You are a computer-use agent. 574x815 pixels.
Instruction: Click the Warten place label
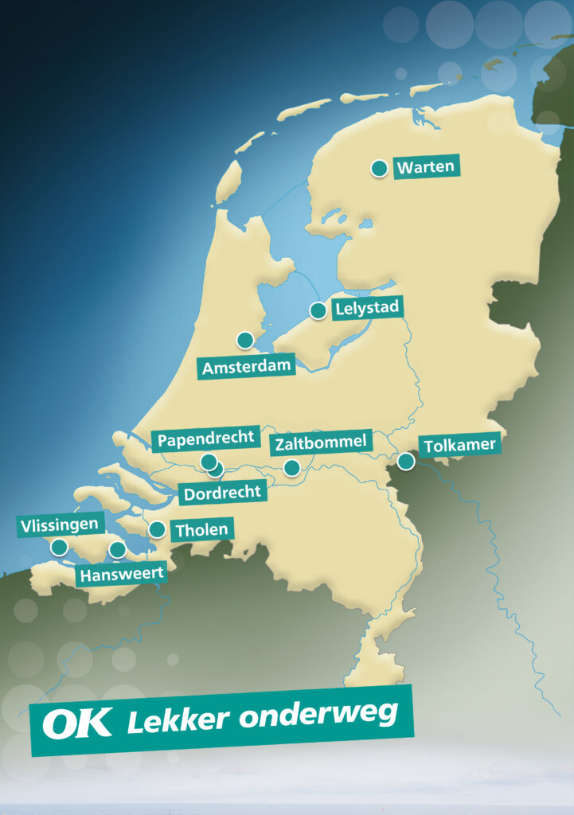427,166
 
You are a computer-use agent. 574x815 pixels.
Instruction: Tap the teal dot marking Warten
380,168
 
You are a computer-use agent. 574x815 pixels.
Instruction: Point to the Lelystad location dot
318,310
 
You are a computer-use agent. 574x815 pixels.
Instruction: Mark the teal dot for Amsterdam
245,340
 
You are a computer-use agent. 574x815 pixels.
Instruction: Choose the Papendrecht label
206,439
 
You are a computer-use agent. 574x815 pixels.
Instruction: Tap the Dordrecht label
222,493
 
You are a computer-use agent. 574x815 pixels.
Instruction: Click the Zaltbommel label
321,442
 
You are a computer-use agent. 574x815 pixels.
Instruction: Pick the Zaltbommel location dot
292,467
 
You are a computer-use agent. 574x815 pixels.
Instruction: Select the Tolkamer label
460,445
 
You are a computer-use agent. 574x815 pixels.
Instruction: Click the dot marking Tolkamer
406,461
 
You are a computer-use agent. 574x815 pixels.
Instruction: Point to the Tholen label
201,529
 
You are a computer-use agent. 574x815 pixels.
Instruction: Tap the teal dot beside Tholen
158,529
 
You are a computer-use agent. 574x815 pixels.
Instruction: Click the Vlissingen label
60,525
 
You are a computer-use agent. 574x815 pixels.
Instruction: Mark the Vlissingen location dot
60,547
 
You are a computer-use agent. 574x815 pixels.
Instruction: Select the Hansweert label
121,573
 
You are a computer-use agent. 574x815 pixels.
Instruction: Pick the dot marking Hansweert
118,549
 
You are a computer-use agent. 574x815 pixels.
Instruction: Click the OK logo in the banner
77,723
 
